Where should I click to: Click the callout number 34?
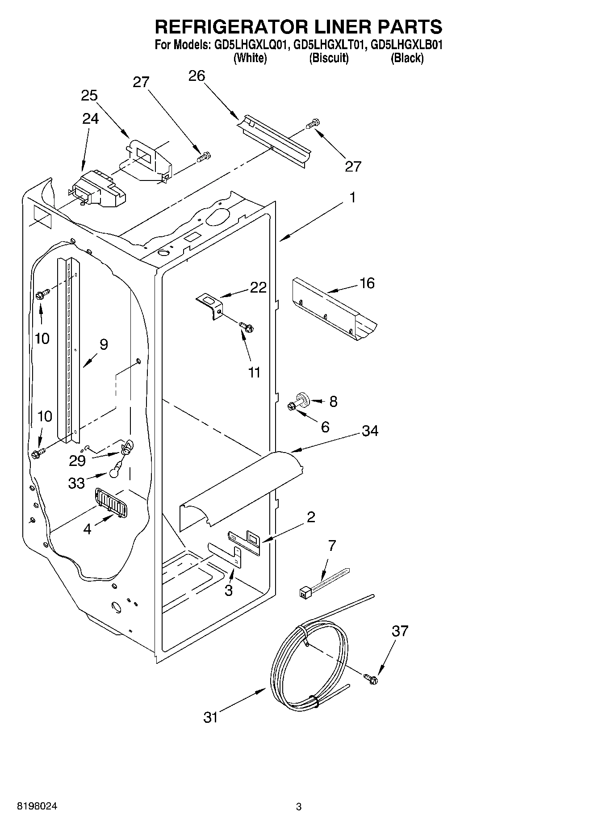[x=370, y=431]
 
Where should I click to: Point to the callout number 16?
[x=367, y=283]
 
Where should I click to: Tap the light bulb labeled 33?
[x=115, y=469]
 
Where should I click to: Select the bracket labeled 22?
[x=210, y=304]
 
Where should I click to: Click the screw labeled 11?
[x=246, y=327]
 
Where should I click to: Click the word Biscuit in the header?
[x=329, y=58]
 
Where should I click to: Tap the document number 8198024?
[x=37, y=806]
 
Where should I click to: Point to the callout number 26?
[x=197, y=76]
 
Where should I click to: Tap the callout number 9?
[x=103, y=344]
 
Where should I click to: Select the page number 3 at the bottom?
[x=298, y=807]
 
